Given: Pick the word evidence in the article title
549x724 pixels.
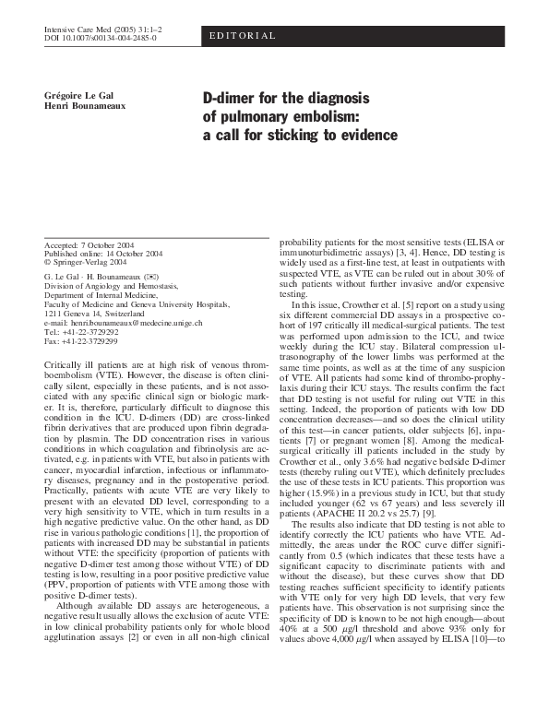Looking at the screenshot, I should pyautogui.click(x=364, y=134).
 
